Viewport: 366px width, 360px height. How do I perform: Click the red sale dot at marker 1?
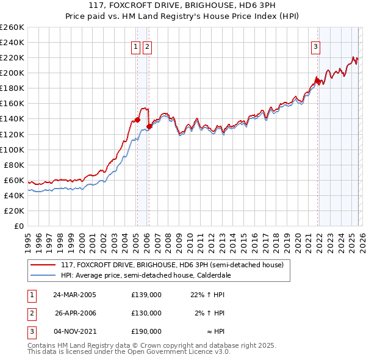(137, 120)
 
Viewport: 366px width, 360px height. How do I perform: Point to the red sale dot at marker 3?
(317, 81)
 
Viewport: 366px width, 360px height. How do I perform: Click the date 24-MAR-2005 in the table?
(75, 295)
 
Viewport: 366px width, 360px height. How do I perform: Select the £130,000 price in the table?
(146, 313)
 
